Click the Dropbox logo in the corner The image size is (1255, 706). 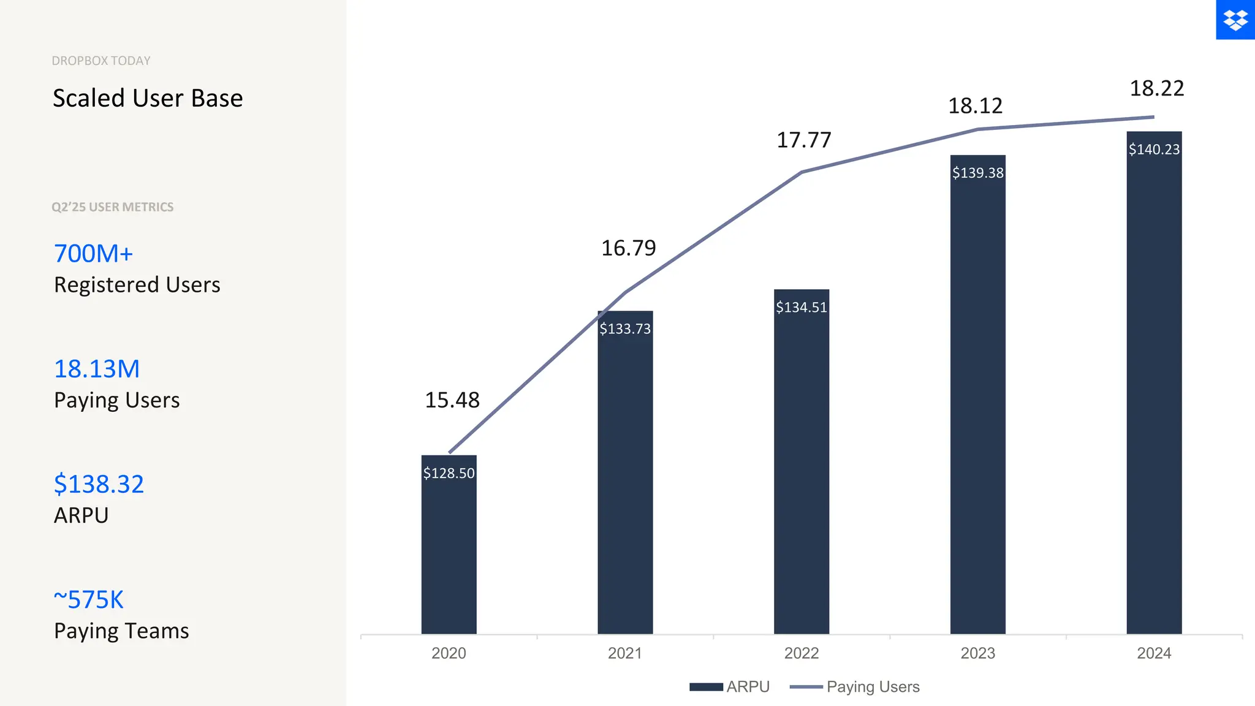(x=1235, y=20)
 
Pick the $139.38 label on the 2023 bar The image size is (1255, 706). (x=977, y=173)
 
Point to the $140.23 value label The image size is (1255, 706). (x=1154, y=150)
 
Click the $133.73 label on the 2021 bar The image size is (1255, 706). (x=625, y=329)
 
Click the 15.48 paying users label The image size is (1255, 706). (x=452, y=400)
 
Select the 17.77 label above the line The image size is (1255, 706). (x=804, y=140)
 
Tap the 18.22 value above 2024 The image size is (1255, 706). (x=1157, y=89)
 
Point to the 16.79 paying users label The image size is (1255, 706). (x=629, y=248)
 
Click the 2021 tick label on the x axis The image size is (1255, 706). (x=625, y=653)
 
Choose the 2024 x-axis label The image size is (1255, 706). (x=1154, y=653)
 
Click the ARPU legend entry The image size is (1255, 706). (x=730, y=687)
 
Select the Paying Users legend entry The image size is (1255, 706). (x=855, y=687)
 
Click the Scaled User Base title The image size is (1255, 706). (x=148, y=98)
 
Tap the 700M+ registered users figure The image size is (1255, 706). (x=94, y=254)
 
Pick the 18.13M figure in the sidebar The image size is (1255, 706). (x=97, y=369)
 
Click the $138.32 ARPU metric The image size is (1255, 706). (x=99, y=484)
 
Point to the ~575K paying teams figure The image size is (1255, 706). (x=89, y=599)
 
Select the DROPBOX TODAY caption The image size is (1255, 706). (x=101, y=61)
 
